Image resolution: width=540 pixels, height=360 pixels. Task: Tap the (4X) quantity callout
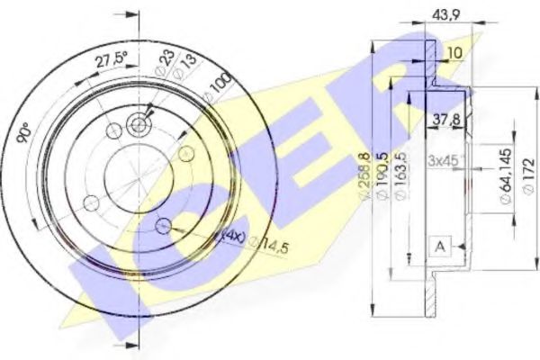(232, 237)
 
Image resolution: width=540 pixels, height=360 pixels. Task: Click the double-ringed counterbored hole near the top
(139, 125)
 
